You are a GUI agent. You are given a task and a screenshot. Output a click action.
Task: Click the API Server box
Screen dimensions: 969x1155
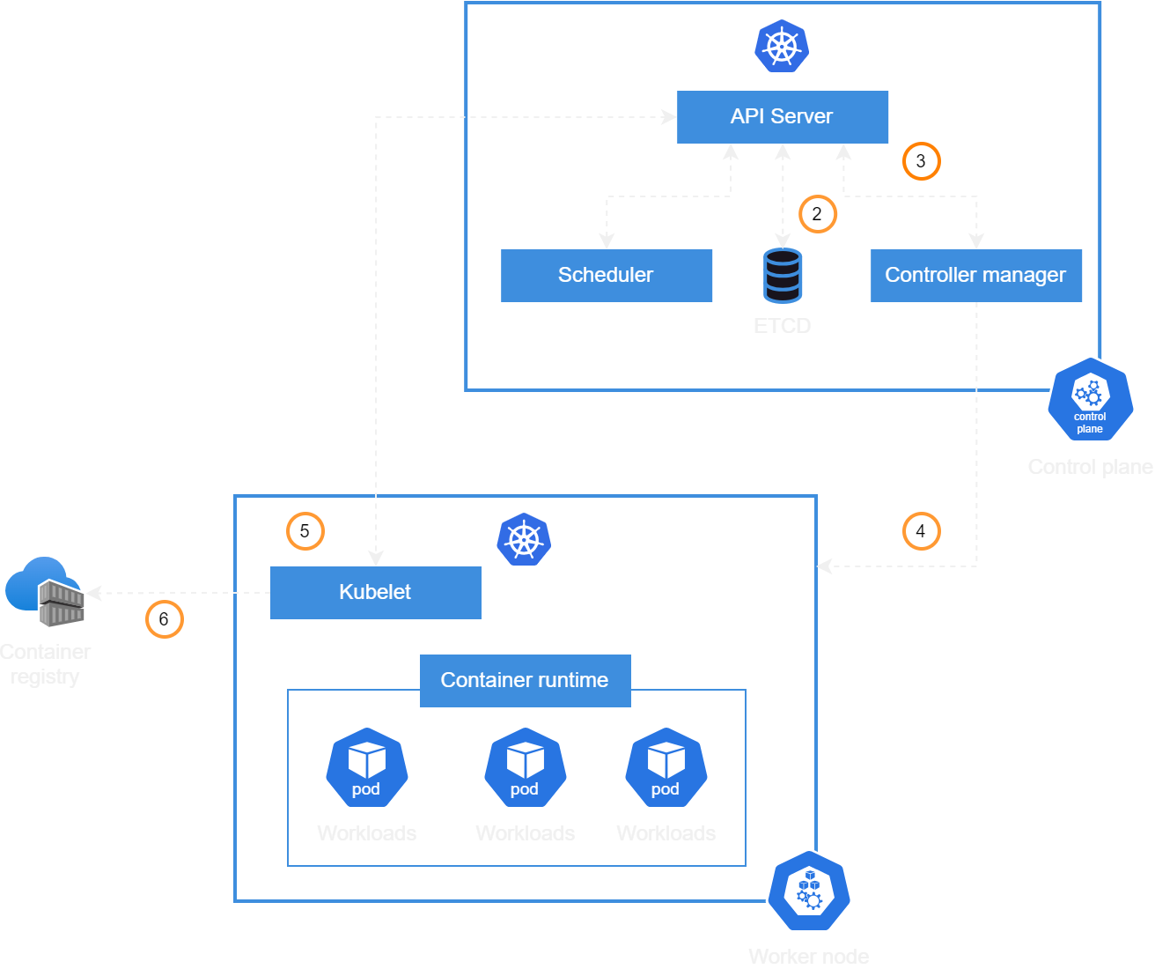click(782, 116)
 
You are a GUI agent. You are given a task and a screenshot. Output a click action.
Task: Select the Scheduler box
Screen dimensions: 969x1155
click(606, 275)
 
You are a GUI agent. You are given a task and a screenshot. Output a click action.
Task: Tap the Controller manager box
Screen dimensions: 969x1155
click(975, 275)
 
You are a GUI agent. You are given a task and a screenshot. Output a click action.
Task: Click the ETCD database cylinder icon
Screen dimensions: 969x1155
click(782, 275)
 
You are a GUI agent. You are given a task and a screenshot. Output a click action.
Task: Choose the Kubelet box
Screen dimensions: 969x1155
click(375, 592)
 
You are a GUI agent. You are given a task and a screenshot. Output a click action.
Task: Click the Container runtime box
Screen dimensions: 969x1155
click(525, 680)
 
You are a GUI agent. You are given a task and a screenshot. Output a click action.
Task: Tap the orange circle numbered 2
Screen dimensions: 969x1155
click(817, 214)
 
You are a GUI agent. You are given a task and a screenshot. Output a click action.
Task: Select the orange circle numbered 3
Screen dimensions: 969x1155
click(921, 161)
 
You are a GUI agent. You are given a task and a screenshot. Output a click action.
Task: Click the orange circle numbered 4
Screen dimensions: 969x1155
click(921, 531)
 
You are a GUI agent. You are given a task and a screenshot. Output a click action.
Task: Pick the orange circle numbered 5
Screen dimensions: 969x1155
click(305, 531)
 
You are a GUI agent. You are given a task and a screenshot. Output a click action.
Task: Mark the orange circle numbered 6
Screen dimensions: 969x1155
click(164, 619)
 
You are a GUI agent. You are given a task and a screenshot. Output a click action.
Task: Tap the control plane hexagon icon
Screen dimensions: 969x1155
click(1090, 400)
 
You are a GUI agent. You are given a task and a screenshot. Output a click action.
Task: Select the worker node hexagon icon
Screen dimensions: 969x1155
click(808, 891)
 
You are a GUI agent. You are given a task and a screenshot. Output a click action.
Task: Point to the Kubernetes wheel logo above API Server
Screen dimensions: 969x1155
click(782, 46)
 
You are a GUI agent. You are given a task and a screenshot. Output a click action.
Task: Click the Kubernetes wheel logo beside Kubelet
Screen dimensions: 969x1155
click(524, 539)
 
